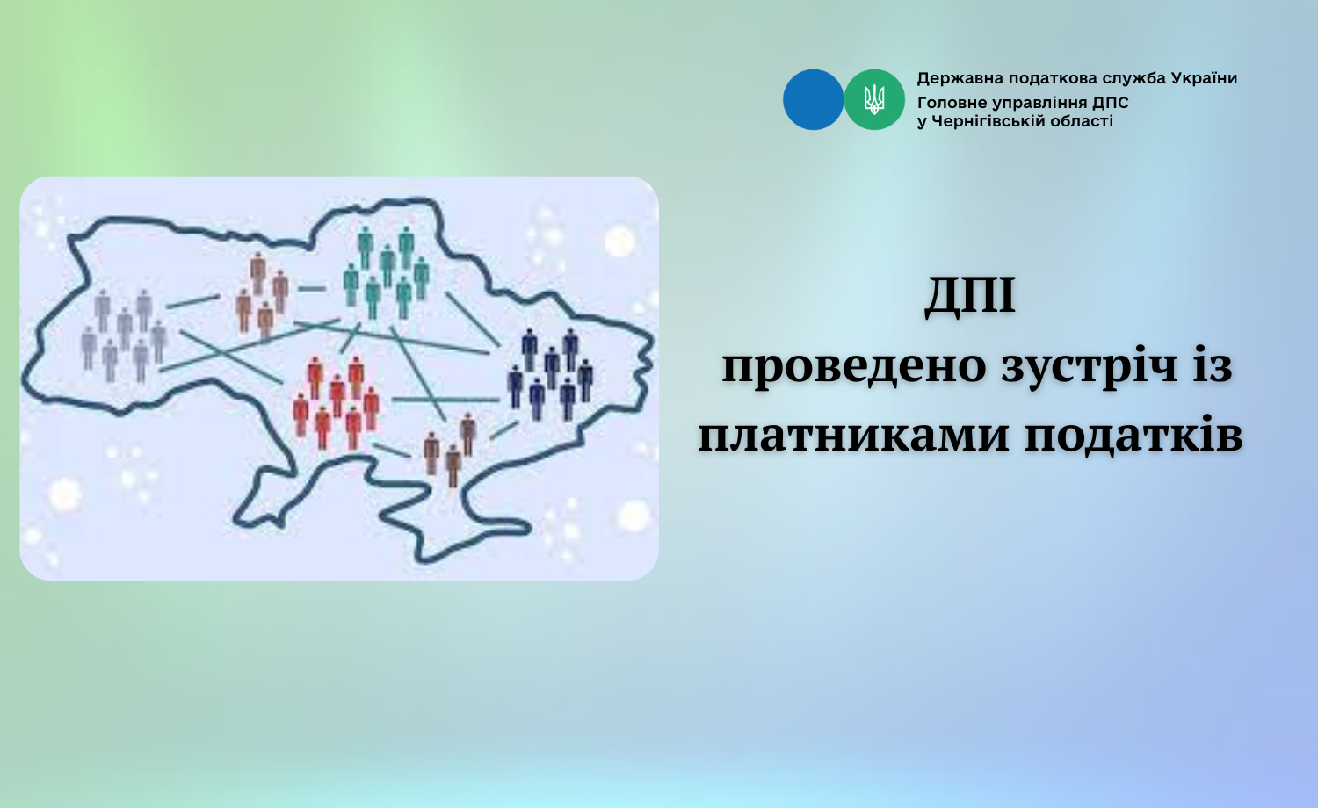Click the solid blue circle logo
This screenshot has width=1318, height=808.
point(813,99)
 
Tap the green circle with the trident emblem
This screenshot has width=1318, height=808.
point(874,99)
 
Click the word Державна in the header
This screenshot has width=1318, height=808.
point(960,79)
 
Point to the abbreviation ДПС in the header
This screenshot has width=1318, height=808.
point(1111,103)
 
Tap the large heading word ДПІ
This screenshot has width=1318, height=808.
point(970,297)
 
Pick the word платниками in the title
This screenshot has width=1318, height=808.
point(854,436)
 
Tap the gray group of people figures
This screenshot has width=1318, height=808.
point(124,335)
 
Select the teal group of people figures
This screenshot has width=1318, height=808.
point(387,271)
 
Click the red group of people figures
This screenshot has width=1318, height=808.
point(336,402)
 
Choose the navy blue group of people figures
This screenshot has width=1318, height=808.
point(550,374)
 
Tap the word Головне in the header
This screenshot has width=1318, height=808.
point(952,103)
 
